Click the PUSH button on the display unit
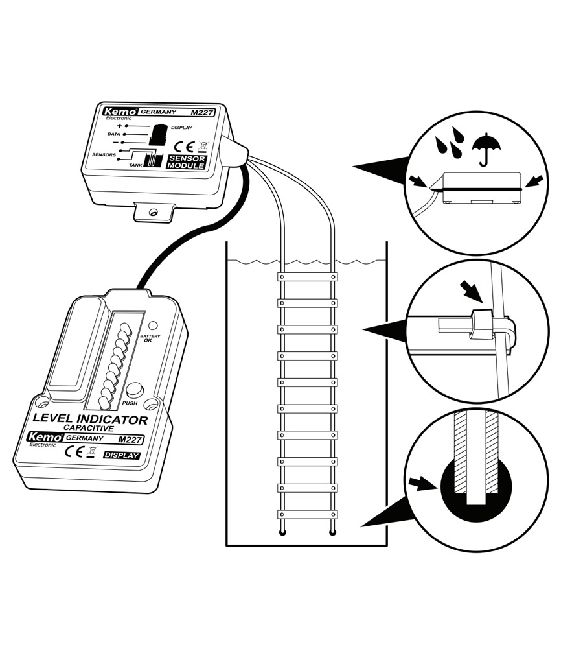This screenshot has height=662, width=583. pyautogui.click(x=134, y=390)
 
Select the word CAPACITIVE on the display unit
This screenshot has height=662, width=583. pyautogui.click(x=89, y=429)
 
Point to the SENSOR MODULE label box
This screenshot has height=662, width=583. pyautogui.click(x=186, y=162)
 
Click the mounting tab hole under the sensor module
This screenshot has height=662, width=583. pyautogui.click(x=154, y=212)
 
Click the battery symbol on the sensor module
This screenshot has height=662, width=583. pyautogui.click(x=157, y=136)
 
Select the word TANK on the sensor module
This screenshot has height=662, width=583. pyautogui.click(x=135, y=165)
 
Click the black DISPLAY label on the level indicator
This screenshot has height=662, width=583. pyautogui.click(x=121, y=455)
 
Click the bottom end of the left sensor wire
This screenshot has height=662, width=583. pyautogui.click(x=282, y=533)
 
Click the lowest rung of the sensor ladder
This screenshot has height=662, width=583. pyautogui.click(x=308, y=514)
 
